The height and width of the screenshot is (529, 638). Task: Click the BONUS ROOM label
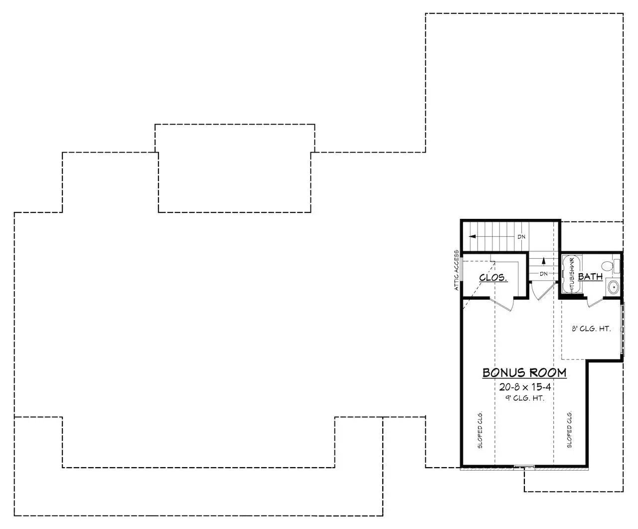[524, 372]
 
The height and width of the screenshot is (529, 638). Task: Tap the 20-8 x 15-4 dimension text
[525, 387]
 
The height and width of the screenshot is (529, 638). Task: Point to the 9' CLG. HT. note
[525, 398]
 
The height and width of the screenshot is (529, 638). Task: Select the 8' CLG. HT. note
[591, 329]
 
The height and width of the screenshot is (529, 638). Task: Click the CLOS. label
[493, 278]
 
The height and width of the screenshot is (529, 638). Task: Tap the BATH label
[590, 277]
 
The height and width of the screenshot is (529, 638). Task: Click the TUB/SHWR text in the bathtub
[572, 274]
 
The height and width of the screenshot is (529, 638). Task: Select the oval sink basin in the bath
[613, 287]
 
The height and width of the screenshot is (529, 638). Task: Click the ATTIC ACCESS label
[457, 270]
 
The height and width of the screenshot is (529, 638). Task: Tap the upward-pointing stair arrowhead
[544, 261]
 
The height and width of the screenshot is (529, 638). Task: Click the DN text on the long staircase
[521, 236]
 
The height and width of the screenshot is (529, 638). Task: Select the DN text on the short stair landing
[544, 274]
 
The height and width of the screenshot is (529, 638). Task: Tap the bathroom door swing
[595, 302]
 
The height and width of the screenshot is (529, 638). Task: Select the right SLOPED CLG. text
[569, 430]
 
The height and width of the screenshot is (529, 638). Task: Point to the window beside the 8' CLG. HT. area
[623, 329]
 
